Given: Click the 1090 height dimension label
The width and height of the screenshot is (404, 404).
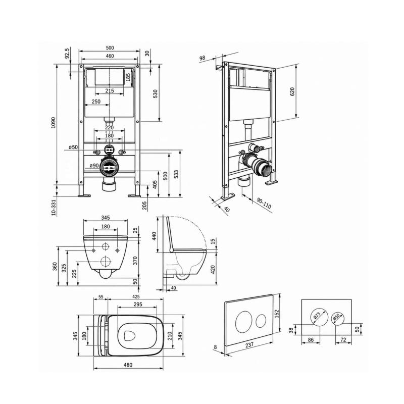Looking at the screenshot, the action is (53, 123).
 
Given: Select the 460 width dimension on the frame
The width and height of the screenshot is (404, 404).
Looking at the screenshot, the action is (110, 56).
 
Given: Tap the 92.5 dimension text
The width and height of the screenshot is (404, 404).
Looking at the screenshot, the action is (67, 54).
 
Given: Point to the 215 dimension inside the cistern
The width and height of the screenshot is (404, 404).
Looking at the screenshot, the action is (110, 91).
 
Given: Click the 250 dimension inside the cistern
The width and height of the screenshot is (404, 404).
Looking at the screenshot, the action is (96, 102).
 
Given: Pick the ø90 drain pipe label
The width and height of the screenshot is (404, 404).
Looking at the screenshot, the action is (94, 166).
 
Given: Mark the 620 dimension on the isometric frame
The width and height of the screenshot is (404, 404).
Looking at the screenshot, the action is (292, 92).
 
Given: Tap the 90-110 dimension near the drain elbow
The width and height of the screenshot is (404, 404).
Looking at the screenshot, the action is (264, 204).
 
